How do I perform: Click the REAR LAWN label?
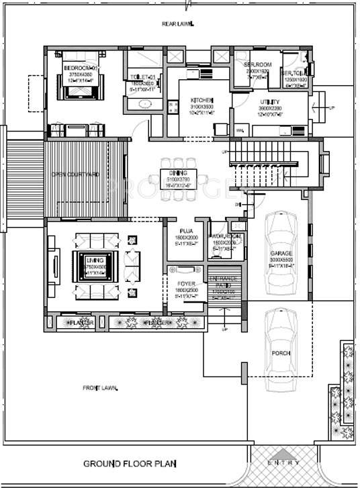[177, 24]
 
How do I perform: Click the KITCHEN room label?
[201, 99]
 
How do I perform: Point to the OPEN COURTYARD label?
[75, 175]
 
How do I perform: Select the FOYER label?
[186, 284]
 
